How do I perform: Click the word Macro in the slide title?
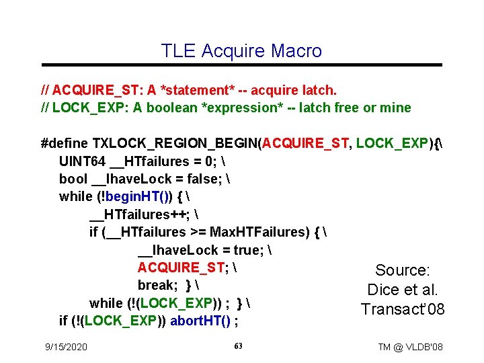(x=296, y=50)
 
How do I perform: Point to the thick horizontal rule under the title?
(x=242, y=65)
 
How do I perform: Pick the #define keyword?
(x=65, y=143)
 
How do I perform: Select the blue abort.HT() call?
(x=202, y=321)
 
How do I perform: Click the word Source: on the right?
(x=403, y=270)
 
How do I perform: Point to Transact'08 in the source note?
(x=403, y=309)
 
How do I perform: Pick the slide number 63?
(x=238, y=346)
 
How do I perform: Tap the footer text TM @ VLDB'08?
(x=410, y=347)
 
